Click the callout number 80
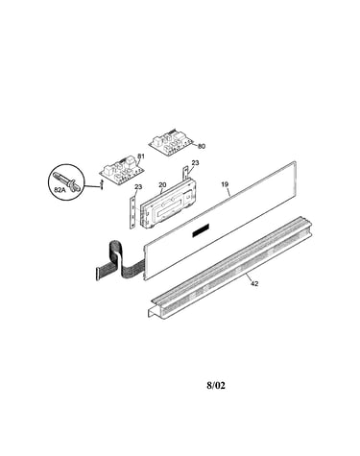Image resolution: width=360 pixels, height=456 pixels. pyautogui.click(x=202, y=146)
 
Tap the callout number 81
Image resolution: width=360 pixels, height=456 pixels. pyautogui.click(x=140, y=156)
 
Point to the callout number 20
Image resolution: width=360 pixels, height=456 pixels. pyautogui.click(x=162, y=185)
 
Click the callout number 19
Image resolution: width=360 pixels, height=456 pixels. pyautogui.click(x=225, y=184)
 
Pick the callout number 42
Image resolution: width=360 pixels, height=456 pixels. pyautogui.click(x=254, y=283)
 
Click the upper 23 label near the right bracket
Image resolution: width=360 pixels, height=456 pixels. pyautogui.click(x=195, y=163)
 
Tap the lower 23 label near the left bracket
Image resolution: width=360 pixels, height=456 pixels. pyautogui.click(x=138, y=186)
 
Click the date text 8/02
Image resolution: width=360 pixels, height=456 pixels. pyautogui.click(x=216, y=385)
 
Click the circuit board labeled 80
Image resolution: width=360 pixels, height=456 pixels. pyautogui.click(x=171, y=143)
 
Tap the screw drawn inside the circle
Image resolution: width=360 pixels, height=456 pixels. pyautogui.click(x=66, y=181)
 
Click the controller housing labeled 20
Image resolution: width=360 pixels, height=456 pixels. pyautogui.click(x=167, y=205)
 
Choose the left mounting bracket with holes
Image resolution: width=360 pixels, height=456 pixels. pyautogui.click(x=132, y=212)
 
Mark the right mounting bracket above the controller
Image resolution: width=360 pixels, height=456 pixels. pyautogui.click(x=185, y=175)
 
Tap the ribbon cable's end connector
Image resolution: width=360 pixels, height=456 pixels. pyautogui.click(x=98, y=274)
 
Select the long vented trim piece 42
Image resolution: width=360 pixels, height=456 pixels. pyautogui.click(x=230, y=267)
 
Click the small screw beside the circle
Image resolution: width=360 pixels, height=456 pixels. pyautogui.click(x=102, y=184)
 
